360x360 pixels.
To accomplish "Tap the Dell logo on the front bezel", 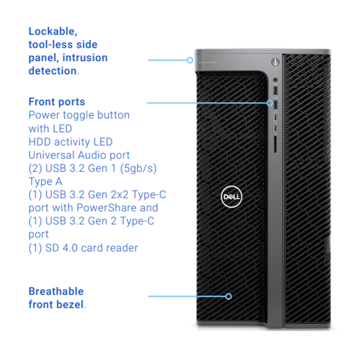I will pyautogui.click(x=231, y=197).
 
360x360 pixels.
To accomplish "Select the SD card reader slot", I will pyautogui.click(x=275, y=144).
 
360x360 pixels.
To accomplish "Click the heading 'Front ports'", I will pyautogui.click(x=57, y=101).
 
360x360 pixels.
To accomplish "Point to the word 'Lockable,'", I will pyautogui.click(x=53, y=31).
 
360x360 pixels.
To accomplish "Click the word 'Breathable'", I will pyautogui.click(x=56, y=291).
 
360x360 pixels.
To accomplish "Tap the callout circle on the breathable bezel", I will pyautogui.click(x=229, y=296).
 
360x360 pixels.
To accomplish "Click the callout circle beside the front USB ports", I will pyautogui.click(x=270, y=103).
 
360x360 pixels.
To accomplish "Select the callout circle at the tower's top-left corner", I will pyautogui.click(x=191, y=59).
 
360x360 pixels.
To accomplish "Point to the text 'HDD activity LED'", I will pyautogui.click(x=70, y=142).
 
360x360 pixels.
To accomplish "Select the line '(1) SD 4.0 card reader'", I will pyautogui.click(x=83, y=248).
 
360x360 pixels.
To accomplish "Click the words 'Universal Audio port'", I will pyautogui.click(x=79, y=155).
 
